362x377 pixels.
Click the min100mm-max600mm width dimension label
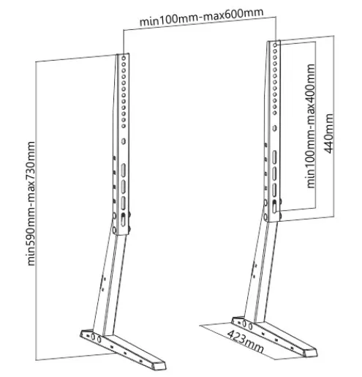coord(201,17)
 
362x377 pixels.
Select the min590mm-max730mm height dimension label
coord(31,204)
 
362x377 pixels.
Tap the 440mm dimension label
coord(328,133)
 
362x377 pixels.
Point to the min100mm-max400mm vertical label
coord(310,126)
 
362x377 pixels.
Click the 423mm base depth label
coord(246,341)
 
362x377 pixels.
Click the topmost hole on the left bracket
coord(124,58)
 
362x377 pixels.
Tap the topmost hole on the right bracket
coord(275,45)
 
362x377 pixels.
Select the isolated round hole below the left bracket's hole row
coord(124,141)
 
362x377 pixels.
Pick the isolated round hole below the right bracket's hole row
coord(275,128)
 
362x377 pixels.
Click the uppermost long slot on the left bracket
coord(124,169)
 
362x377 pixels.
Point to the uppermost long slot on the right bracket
coord(274,157)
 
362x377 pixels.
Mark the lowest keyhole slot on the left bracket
coord(124,219)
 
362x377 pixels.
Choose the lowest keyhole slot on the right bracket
coord(274,206)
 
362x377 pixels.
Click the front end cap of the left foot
coord(159,366)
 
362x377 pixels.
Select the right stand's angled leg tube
coord(260,271)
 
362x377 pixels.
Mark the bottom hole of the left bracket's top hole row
coord(124,126)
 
